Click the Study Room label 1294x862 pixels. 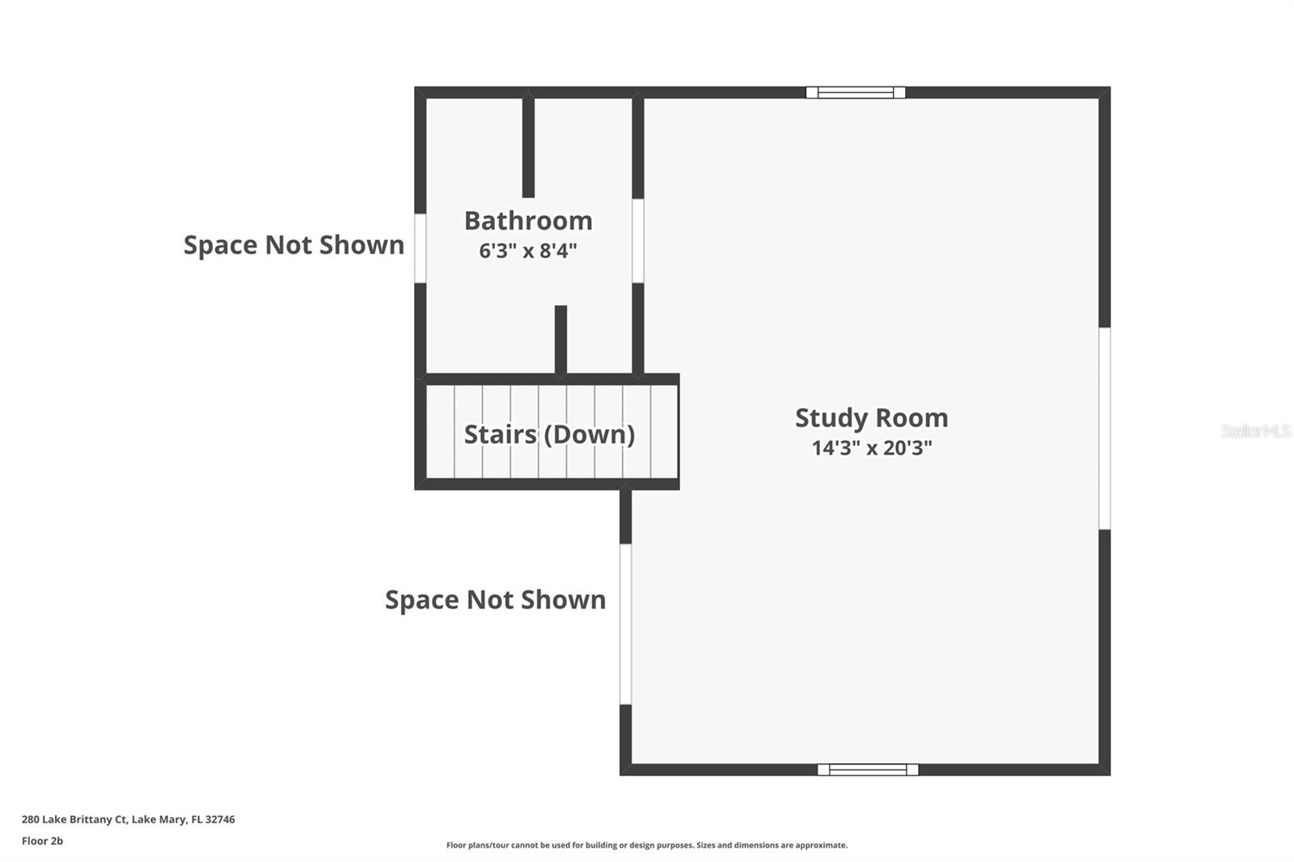pos(871,418)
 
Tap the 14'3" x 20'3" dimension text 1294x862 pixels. pos(872,448)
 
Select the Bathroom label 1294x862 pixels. pos(528,221)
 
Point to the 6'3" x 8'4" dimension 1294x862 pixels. pos(528,251)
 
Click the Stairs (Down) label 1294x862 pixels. pos(549,434)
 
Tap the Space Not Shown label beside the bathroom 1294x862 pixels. pos(294,245)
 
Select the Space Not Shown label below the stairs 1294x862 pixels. pos(495,600)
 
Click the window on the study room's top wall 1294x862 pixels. pos(855,92)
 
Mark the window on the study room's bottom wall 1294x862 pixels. pos(867,770)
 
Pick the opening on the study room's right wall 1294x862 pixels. pos(1104,429)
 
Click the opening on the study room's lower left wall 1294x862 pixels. pos(625,623)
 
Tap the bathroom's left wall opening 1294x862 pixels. pos(420,248)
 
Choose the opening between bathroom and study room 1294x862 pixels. pos(637,241)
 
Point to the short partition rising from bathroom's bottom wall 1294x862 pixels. pos(560,340)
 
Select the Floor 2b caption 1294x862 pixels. pos(42,841)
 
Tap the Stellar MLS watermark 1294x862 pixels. pos(1255,431)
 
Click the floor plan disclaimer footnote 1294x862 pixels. pos(647,845)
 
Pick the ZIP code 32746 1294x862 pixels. pos(220,819)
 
